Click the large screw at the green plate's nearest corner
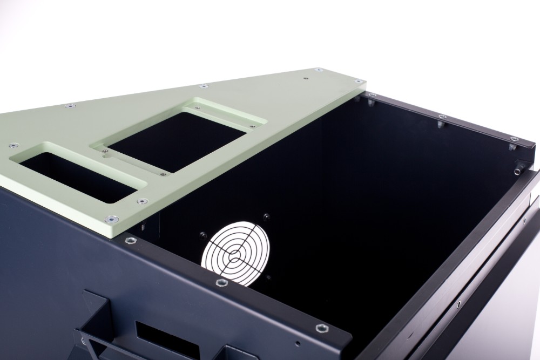pyautogui.click(x=112, y=219)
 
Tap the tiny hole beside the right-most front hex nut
pyautogui.click(x=298, y=343)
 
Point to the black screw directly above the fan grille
pyautogui.click(x=266, y=216)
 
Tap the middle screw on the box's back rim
pyautogui.click(x=442, y=117)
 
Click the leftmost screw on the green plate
pyautogui.click(x=11, y=145)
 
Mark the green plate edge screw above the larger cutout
pyautogui.click(x=203, y=86)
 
